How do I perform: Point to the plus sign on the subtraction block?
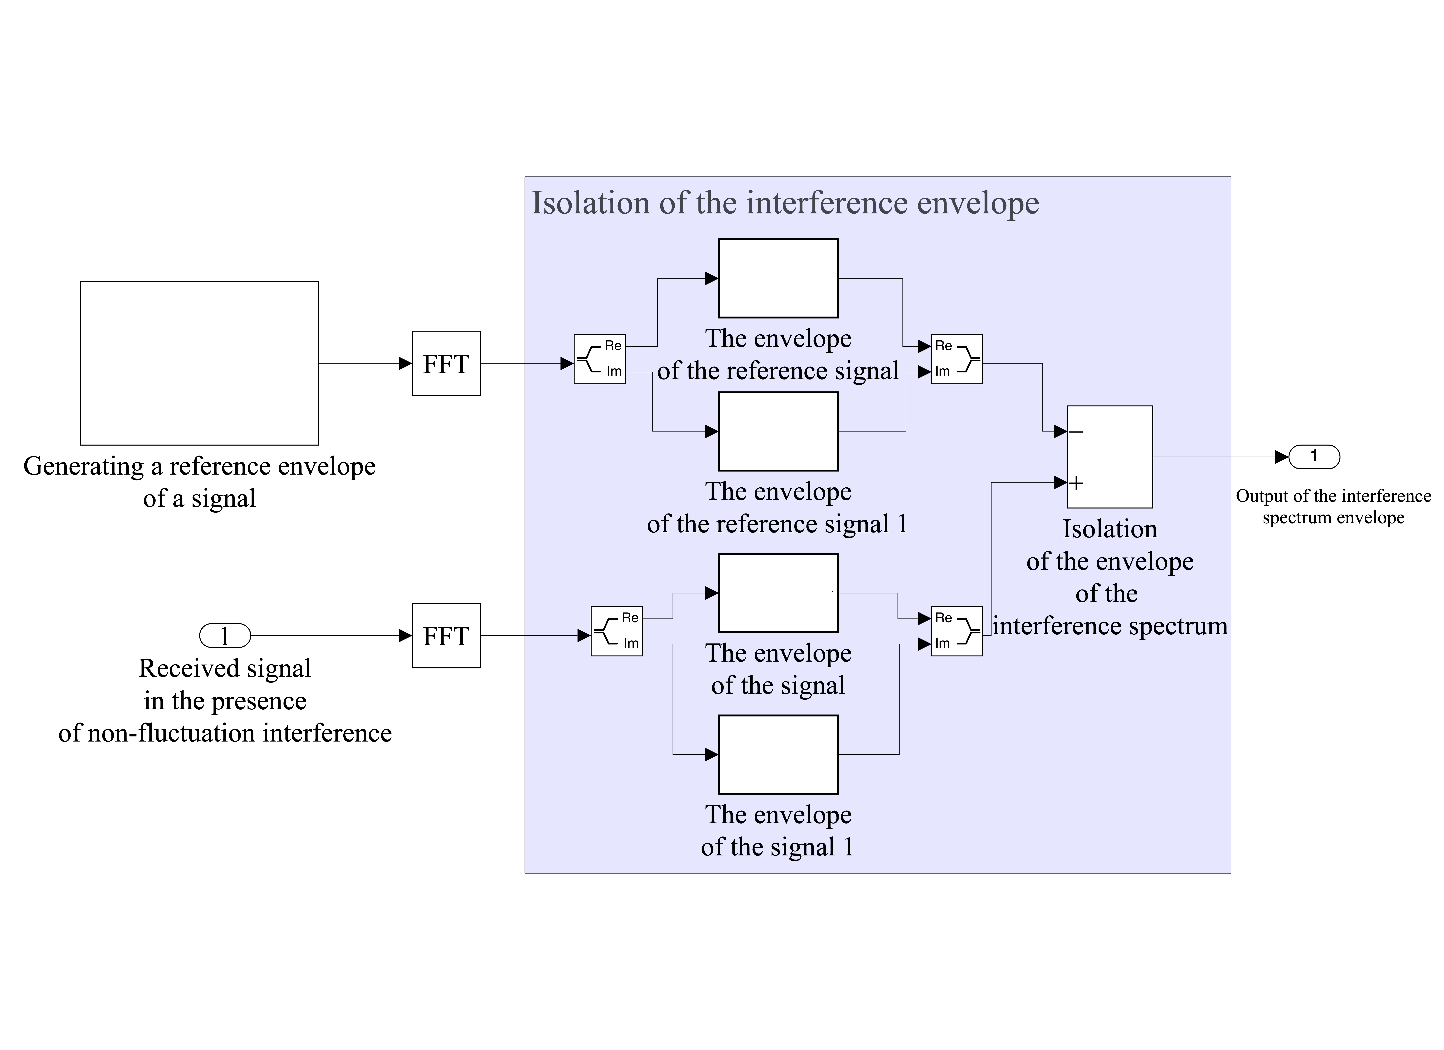pyautogui.click(x=1076, y=483)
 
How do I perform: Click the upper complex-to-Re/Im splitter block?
pyautogui.click(x=599, y=359)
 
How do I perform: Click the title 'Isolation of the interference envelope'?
pyautogui.click(x=785, y=203)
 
